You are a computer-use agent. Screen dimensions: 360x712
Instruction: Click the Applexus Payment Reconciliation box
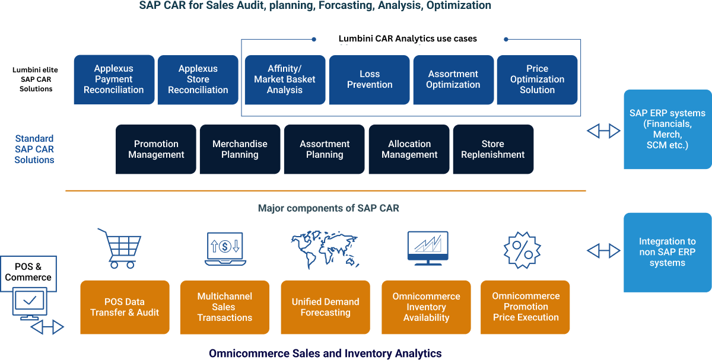114,79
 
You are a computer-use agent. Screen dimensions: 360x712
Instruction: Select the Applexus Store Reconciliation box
198,79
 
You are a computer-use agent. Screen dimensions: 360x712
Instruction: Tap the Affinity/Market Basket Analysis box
285,79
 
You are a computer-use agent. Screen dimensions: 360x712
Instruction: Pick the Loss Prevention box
369,79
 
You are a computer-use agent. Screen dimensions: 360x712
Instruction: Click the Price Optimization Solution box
537,79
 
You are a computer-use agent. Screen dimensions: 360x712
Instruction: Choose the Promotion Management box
155,149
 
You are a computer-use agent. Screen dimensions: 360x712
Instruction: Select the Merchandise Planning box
240,149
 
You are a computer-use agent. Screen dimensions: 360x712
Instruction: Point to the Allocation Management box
409,149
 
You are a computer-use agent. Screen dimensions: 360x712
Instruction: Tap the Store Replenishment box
493,149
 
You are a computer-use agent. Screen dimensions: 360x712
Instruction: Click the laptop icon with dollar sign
224,249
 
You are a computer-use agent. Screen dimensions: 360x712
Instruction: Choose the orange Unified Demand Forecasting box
325,307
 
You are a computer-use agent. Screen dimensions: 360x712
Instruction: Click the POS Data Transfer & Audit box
125,307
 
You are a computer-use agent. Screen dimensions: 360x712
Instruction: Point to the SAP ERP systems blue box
667,129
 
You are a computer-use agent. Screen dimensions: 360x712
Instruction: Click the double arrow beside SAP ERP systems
603,131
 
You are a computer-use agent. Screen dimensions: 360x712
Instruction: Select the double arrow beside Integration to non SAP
603,251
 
